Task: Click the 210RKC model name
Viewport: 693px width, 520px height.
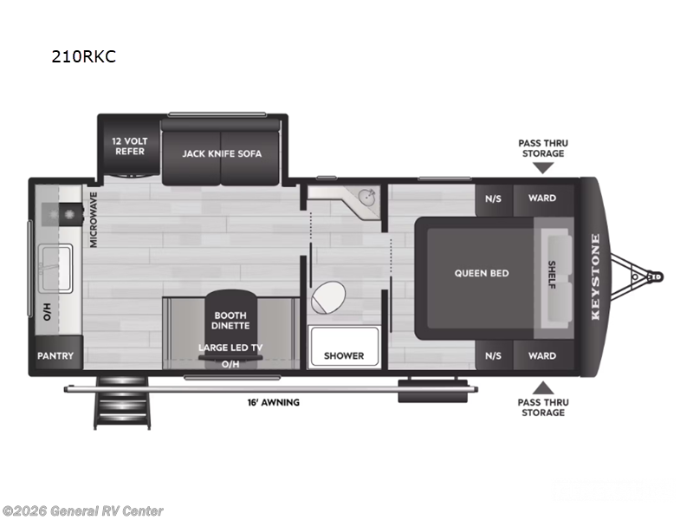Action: point(84,57)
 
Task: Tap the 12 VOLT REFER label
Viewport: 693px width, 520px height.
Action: point(129,146)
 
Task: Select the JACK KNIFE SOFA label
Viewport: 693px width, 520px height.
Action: point(222,153)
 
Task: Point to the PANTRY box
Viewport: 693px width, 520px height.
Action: point(55,356)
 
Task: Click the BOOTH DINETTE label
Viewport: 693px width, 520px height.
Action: point(230,320)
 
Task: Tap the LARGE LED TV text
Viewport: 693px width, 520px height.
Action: point(230,348)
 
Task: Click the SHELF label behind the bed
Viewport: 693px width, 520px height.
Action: point(552,275)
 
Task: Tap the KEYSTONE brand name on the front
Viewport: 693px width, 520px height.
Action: point(595,276)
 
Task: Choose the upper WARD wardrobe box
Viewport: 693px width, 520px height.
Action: point(542,198)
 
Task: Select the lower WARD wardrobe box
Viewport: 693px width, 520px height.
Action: point(542,355)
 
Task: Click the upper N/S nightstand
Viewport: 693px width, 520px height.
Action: point(493,198)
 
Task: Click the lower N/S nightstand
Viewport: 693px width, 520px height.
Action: point(493,355)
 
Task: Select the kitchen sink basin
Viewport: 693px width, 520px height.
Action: point(59,258)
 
